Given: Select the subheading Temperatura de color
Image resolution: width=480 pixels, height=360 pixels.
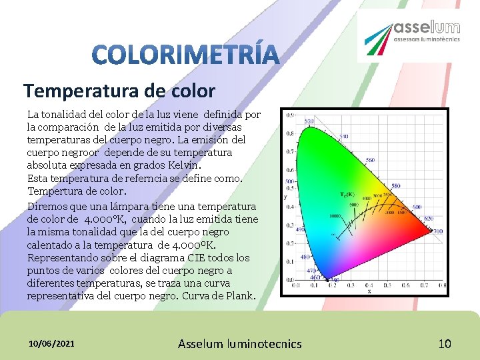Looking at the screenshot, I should click(119, 91).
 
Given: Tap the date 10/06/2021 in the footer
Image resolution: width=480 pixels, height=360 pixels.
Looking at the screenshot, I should click(52, 344).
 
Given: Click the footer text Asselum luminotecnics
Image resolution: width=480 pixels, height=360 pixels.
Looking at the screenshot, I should click(240, 344).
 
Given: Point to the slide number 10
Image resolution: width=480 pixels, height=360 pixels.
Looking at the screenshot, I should click(445, 344).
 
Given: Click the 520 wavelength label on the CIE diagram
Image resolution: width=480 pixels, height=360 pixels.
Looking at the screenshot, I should click(309, 121).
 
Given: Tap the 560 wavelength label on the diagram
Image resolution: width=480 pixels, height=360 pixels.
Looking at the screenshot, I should click(371, 160).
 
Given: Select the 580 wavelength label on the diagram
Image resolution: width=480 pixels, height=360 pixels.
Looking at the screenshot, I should click(395, 186).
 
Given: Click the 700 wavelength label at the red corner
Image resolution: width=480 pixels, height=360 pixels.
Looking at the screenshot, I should click(438, 231).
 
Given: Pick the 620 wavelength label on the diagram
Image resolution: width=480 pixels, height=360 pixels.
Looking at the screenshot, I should click(428, 219).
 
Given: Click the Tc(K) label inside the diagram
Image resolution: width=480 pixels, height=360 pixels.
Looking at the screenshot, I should click(348, 194).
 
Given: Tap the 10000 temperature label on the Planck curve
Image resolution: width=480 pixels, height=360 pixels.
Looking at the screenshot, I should click(335, 216).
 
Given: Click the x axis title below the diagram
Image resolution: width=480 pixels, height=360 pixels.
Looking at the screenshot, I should click(369, 291).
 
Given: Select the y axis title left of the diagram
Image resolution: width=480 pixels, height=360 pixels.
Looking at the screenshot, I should click(286, 197).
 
